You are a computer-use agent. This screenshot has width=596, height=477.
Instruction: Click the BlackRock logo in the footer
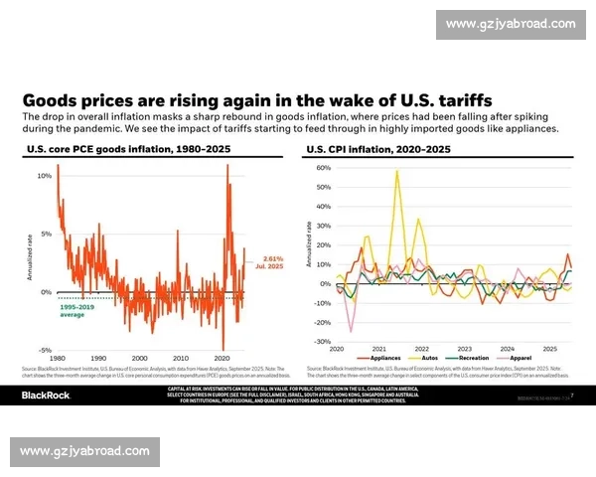click(x=48, y=395)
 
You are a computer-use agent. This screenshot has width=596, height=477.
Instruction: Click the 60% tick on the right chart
click(x=323, y=168)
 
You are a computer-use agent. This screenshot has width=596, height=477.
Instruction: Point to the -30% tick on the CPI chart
click(x=322, y=342)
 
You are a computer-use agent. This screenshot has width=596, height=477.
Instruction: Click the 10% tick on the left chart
click(x=45, y=176)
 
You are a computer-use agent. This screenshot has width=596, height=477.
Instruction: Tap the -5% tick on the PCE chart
click(x=45, y=350)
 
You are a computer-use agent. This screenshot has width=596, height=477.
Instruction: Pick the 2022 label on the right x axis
click(x=422, y=350)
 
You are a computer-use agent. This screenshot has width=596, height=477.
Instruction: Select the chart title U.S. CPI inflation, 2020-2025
click(x=378, y=149)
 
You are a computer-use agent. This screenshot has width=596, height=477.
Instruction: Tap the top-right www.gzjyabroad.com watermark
click(x=510, y=24)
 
